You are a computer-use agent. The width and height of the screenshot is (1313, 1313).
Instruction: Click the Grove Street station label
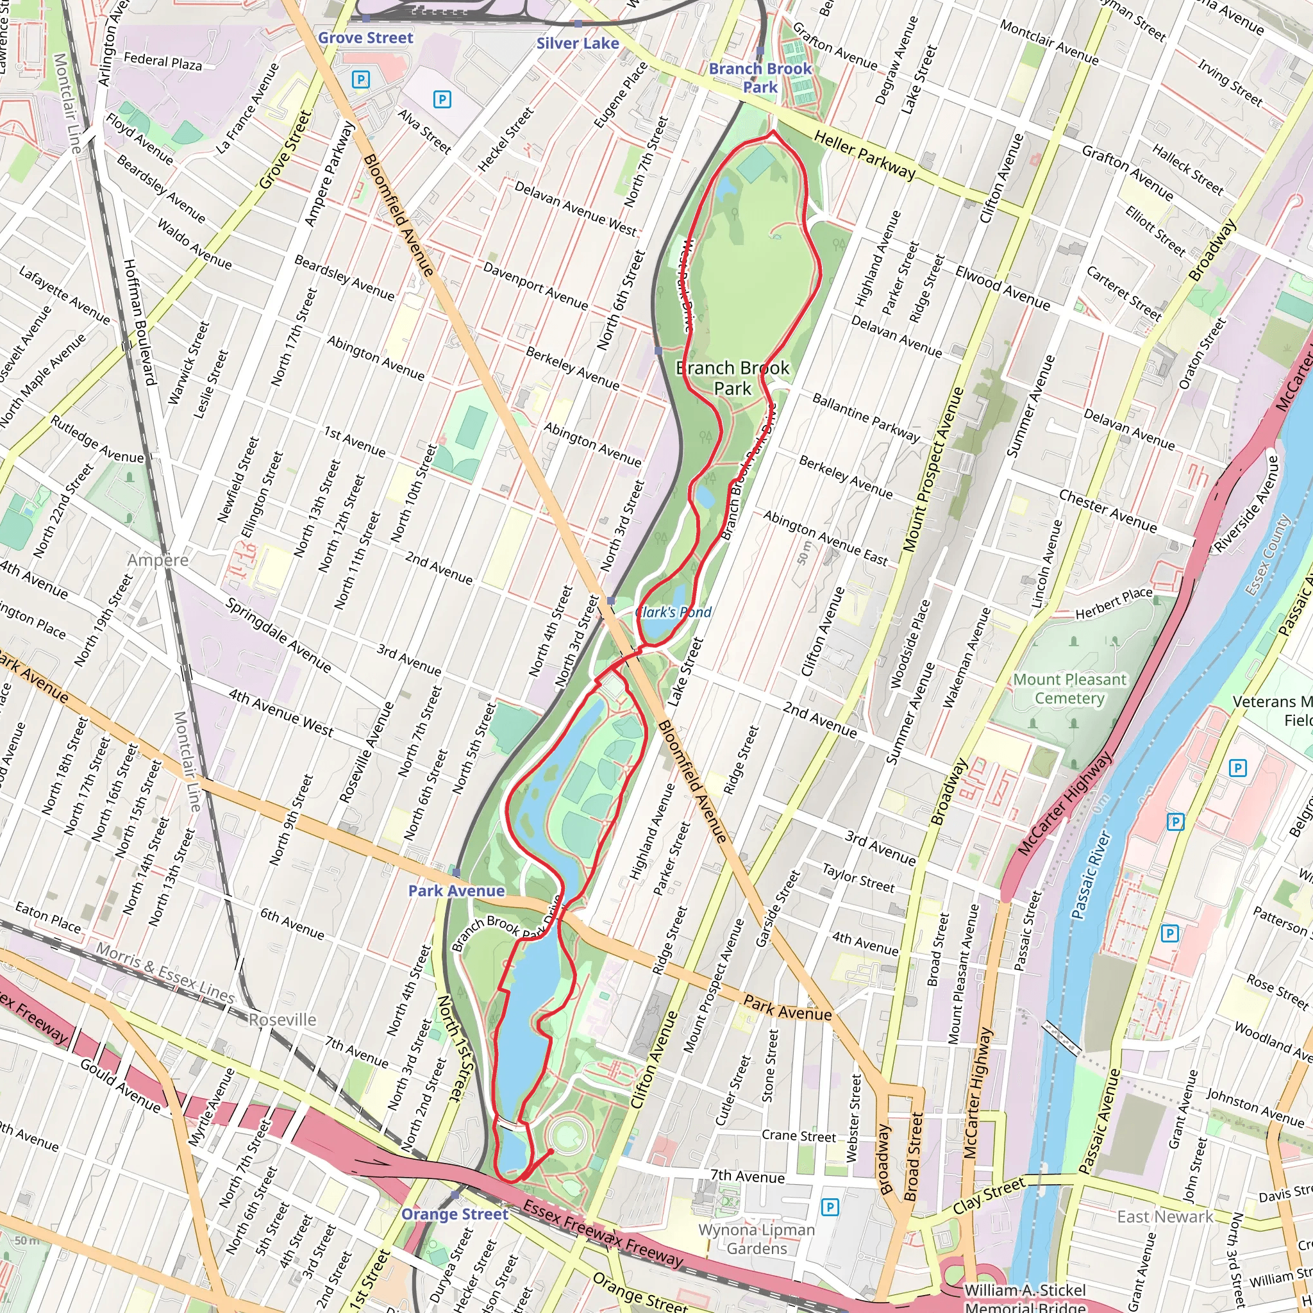pos(365,38)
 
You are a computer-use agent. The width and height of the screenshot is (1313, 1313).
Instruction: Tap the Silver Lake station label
pos(577,44)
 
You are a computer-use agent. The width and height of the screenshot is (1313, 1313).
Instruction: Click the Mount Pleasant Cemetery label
pos(1070,689)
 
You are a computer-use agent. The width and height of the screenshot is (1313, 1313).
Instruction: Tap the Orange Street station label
pos(455,1214)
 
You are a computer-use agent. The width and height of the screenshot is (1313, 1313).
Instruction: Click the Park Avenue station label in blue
pos(456,891)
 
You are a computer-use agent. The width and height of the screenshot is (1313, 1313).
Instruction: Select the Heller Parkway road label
pos(864,156)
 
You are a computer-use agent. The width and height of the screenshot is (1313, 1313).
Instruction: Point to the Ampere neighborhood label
pos(158,560)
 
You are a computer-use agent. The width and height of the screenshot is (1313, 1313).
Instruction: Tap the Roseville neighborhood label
pos(282,1019)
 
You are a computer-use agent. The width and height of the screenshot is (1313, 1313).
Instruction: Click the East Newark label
pos(1165,1216)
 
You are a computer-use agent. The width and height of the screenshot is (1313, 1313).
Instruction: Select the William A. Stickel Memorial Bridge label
pos(1025,1298)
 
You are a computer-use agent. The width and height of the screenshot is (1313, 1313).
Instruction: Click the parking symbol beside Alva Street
pos(442,100)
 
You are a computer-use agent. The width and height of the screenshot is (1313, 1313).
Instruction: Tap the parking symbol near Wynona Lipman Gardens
pos(829,1207)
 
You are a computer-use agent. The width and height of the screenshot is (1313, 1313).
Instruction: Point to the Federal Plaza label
pos(162,63)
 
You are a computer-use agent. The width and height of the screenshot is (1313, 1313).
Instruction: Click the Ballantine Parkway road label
pos(865,417)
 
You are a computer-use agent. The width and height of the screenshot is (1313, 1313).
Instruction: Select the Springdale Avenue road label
pos(279,635)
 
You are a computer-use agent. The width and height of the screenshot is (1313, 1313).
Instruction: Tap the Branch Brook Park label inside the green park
pos(733,378)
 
